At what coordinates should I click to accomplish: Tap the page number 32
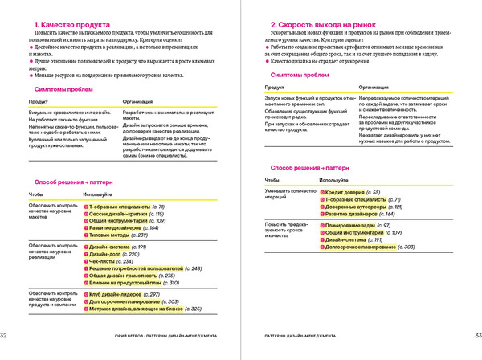pos(5,336)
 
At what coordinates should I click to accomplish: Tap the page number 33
pos(476,336)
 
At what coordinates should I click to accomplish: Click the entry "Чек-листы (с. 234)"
pos(112,261)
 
